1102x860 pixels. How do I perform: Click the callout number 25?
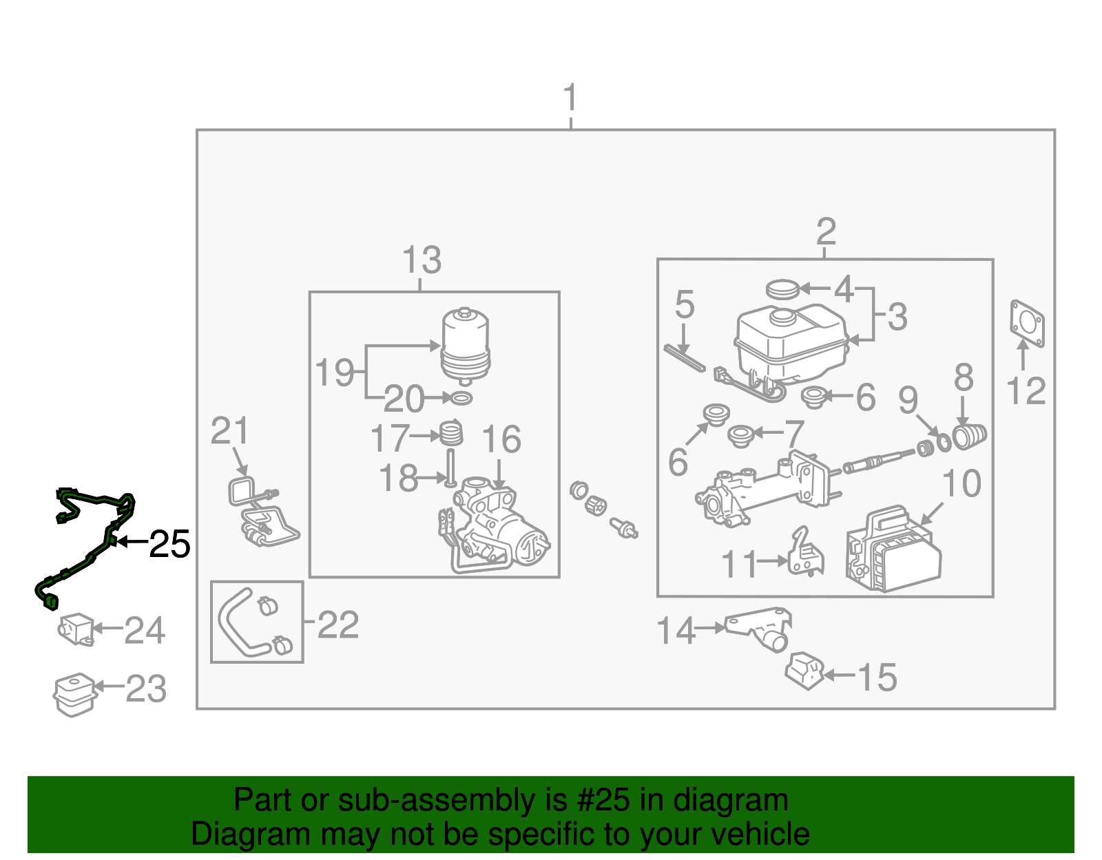tap(169, 544)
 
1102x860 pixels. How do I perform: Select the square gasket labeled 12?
tap(1027, 324)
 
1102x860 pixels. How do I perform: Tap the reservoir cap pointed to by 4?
tap(782, 289)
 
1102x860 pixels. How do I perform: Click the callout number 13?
tap(422, 260)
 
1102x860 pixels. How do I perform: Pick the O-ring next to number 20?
tap(461, 398)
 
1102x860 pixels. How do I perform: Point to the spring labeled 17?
tap(451, 434)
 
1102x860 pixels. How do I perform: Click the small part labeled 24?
tap(76, 629)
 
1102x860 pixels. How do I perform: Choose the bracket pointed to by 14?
tap(759, 629)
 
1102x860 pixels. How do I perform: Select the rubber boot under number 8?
tap(969, 437)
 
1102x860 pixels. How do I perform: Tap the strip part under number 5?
tap(684, 358)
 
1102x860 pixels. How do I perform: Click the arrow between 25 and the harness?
tap(132, 543)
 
